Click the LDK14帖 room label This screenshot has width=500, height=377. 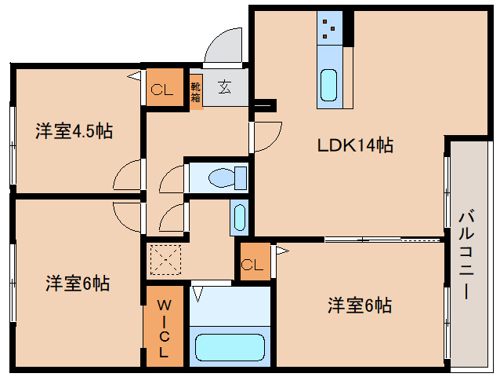point(354,145)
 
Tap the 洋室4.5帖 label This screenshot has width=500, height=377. point(74,131)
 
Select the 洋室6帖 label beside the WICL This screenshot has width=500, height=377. point(77,284)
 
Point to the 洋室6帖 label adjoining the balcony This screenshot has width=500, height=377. point(360,305)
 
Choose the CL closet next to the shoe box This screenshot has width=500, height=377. point(161,89)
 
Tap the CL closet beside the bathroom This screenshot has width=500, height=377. point(252,263)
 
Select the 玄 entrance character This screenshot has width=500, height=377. point(225,87)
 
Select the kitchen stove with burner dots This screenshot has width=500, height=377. point(329,31)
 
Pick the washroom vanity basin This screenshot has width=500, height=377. point(239,217)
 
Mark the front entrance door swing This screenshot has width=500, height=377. point(227,45)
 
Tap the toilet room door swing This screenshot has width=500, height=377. point(172,180)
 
